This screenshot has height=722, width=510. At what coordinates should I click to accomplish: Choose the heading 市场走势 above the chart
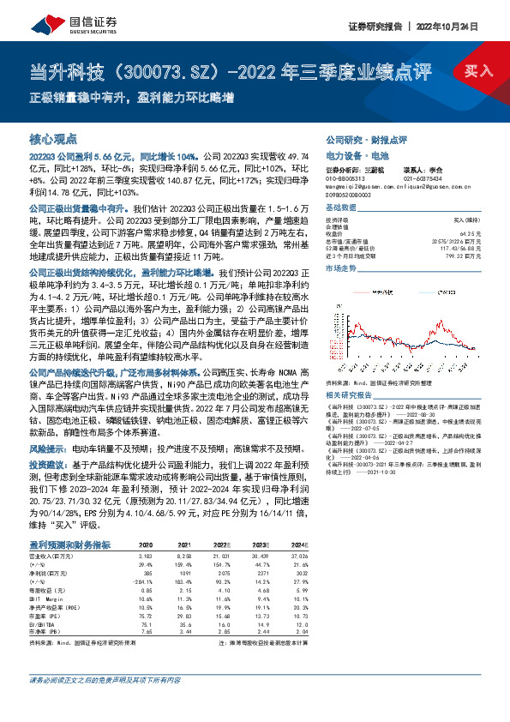coord(341,268)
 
